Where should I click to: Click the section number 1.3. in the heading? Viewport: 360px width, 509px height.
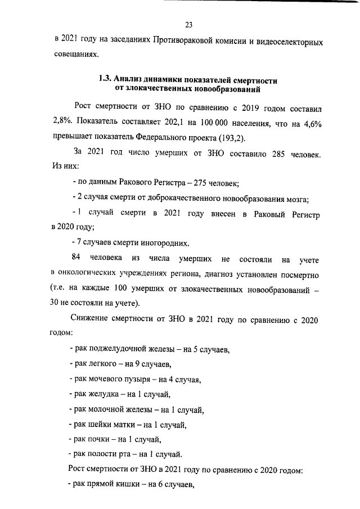click(x=106, y=80)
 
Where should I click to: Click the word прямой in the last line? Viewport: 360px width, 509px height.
click(x=100, y=485)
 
